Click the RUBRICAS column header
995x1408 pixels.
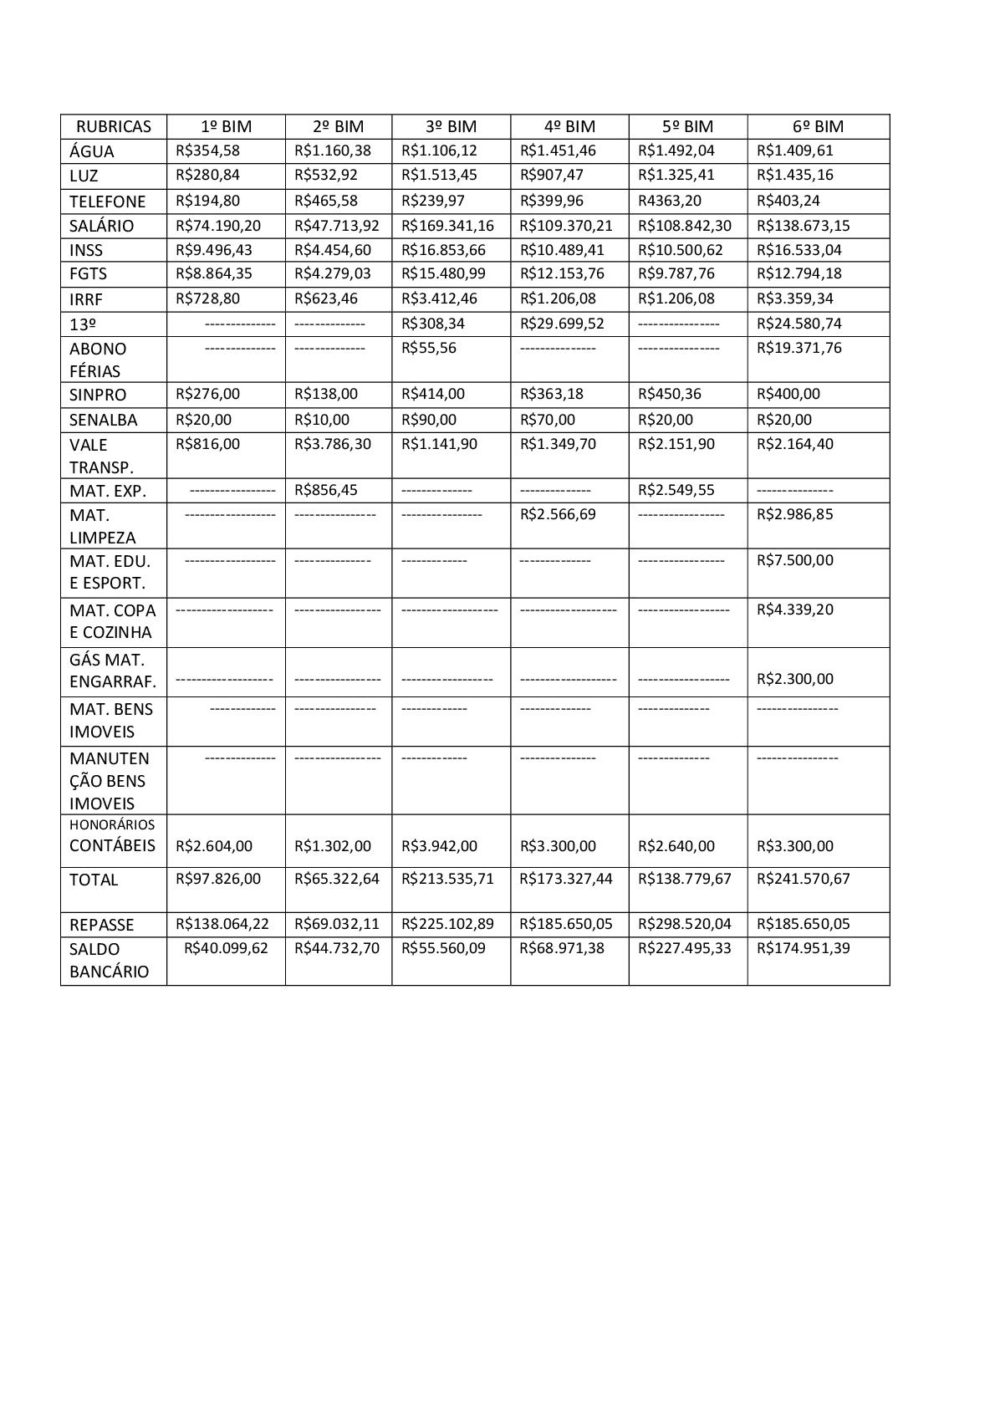(x=114, y=126)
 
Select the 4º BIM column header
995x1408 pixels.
(x=569, y=126)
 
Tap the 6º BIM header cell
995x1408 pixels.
(x=818, y=126)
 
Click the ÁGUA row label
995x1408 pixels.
(x=92, y=151)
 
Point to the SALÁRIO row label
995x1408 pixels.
(x=101, y=226)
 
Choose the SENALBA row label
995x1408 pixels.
(x=103, y=420)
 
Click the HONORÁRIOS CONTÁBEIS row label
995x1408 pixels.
(x=112, y=836)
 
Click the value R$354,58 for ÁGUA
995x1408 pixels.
(x=207, y=150)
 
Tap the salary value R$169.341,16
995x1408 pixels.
(x=447, y=226)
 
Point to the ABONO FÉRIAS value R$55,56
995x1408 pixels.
(x=429, y=348)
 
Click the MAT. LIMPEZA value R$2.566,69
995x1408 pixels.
(x=558, y=514)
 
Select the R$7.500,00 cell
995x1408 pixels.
(x=794, y=560)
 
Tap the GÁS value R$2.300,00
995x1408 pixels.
(x=794, y=679)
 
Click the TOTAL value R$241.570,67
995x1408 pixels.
(x=803, y=879)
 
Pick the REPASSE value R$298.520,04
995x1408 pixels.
(x=684, y=924)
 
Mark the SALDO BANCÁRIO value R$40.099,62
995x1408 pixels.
(x=226, y=948)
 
